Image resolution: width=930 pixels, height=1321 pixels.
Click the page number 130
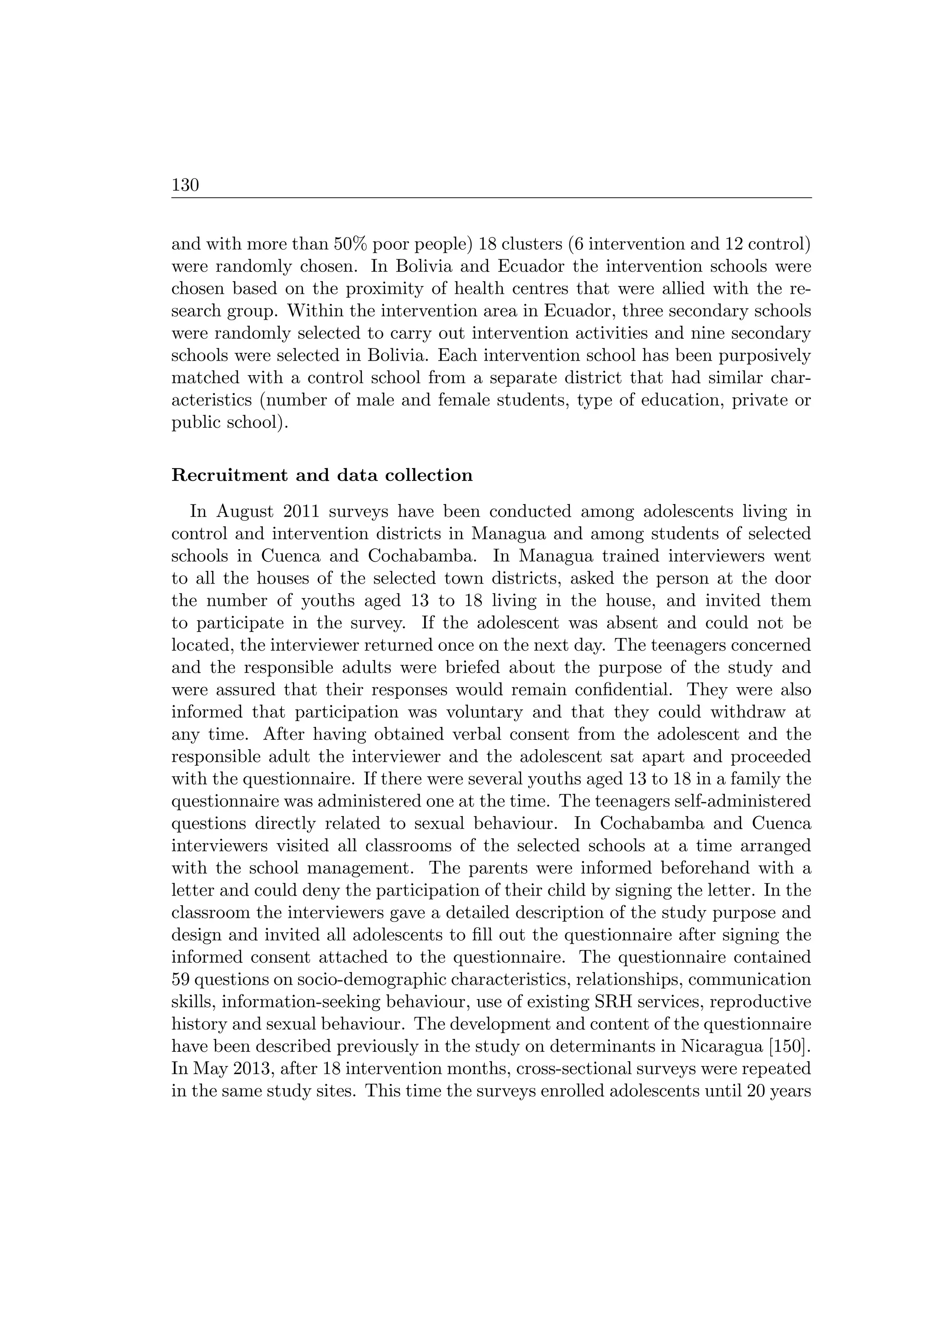click(185, 185)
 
